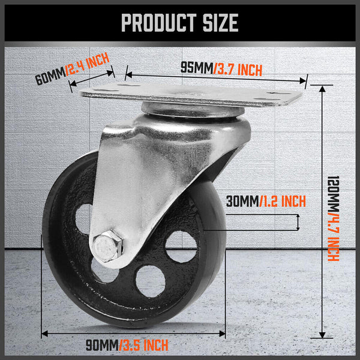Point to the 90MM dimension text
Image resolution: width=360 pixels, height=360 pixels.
click(x=101, y=344)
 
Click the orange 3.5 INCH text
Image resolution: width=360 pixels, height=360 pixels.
click(x=144, y=344)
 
